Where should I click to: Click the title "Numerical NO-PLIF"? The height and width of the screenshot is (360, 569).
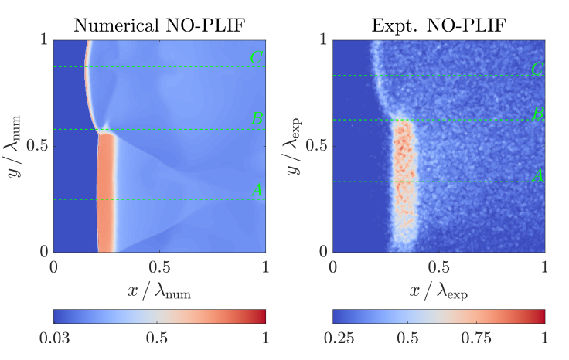[x=158, y=25]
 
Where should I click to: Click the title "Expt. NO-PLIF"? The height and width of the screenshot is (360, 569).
[x=438, y=25]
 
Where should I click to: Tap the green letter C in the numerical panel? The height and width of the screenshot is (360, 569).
[x=257, y=57]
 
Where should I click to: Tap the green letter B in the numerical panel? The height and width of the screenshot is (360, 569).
[x=257, y=119]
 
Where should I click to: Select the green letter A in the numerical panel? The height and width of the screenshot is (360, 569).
[x=257, y=190]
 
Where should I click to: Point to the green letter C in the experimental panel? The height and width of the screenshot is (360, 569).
[x=537, y=70]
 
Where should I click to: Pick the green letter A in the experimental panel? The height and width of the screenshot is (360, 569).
[x=537, y=175]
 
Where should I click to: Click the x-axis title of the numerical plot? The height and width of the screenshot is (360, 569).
[x=158, y=290]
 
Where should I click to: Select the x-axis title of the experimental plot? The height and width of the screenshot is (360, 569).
[x=438, y=290]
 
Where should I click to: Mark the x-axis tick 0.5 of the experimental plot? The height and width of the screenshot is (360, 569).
[x=438, y=267]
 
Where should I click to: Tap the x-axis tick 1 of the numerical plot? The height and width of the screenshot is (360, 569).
[x=266, y=267]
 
